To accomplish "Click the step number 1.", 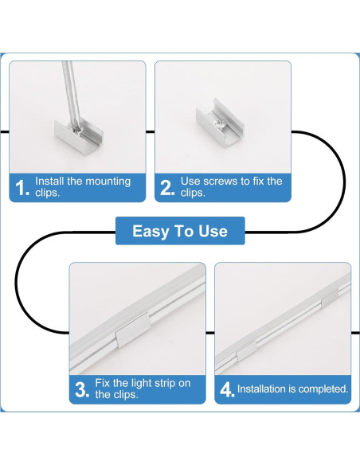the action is click(22, 188).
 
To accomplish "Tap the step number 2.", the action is click(167, 188).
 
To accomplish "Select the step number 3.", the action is click(82, 389).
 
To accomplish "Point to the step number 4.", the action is click(227, 389).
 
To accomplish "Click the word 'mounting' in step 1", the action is click(108, 182).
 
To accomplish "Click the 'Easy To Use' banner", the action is click(180, 231).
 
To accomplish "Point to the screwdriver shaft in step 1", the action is click(72, 95).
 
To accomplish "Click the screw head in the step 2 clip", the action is click(220, 122).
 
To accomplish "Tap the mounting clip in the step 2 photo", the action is click(220, 123).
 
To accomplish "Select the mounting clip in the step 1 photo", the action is click(79, 136).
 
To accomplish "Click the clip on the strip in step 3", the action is click(132, 330).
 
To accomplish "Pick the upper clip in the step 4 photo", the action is click(330, 298).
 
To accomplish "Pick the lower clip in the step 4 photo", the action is click(246, 350).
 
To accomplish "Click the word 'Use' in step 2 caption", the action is click(188, 181).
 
